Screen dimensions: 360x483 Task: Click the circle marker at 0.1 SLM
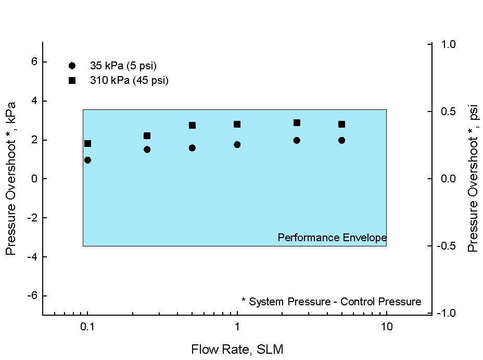coord(87,160)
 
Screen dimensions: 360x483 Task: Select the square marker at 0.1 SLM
coord(87,143)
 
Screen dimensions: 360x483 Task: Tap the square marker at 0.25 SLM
coord(147,135)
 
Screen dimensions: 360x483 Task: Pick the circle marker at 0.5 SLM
coord(192,148)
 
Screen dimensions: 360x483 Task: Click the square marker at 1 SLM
coord(237,124)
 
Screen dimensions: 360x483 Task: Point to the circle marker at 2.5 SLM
coord(297,140)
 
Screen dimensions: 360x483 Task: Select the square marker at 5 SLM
coord(341,124)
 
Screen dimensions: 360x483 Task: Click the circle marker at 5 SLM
coord(341,140)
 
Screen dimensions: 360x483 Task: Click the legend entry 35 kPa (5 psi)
coord(123,66)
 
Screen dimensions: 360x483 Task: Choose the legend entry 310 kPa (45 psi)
coord(129,80)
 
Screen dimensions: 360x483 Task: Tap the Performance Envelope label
coord(332,238)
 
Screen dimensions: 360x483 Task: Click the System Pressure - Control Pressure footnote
coord(331,301)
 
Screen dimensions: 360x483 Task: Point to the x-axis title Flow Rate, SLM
coord(237,349)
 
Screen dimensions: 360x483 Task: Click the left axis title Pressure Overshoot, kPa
coord(10,179)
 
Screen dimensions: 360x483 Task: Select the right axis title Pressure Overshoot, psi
coord(473,179)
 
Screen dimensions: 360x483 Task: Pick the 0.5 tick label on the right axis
coord(448,111)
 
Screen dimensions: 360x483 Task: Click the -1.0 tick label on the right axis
coord(446,313)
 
